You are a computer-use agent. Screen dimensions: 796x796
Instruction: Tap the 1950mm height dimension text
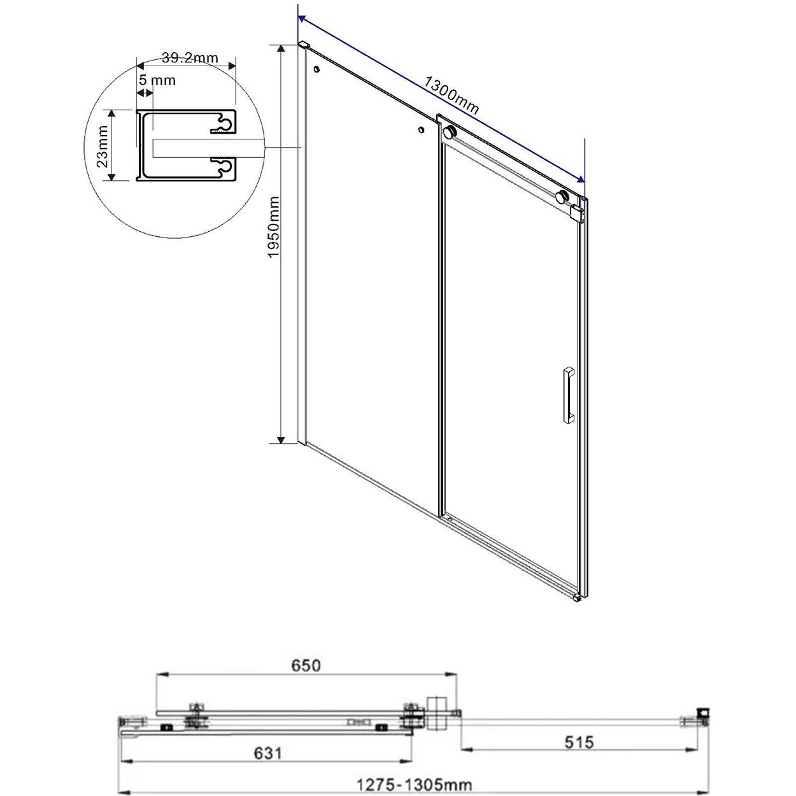(x=274, y=227)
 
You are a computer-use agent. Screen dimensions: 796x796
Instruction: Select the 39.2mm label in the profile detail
(x=189, y=57)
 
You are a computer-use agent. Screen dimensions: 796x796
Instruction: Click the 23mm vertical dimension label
(x=102, y=146)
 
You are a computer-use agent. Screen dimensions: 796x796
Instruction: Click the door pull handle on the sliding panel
(x=568, y=394)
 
